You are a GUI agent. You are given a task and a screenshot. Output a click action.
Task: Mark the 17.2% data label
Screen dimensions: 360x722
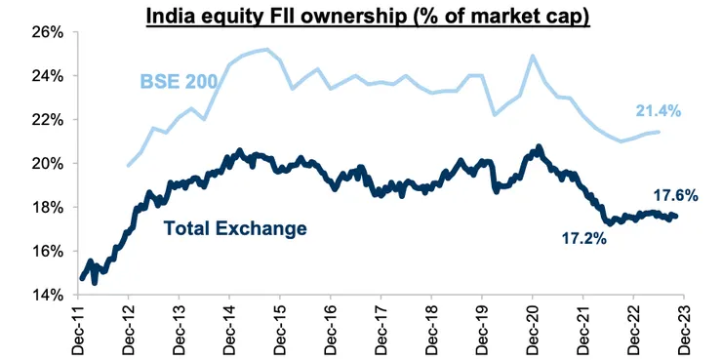pos(582,237)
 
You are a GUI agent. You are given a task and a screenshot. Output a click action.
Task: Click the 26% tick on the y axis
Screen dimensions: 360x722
pos(45,31)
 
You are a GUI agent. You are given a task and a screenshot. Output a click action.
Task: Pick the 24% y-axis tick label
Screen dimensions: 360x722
pos(45,75)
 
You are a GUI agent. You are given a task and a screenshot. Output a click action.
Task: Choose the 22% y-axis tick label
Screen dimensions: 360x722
pos(45,119)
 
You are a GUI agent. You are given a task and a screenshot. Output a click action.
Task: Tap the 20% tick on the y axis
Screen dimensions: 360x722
pos(45,163)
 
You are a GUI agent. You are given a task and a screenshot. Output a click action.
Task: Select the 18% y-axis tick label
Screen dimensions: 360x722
pos(45,207)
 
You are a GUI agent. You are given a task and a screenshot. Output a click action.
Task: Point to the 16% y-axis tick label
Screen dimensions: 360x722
pos(45,251)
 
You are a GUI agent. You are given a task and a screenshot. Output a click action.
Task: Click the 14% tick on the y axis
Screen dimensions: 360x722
pos(45,295)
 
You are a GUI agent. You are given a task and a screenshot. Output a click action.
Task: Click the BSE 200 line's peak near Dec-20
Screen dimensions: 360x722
pos(533,56)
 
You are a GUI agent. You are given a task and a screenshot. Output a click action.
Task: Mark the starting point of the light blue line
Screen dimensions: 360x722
pos(129,166)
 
